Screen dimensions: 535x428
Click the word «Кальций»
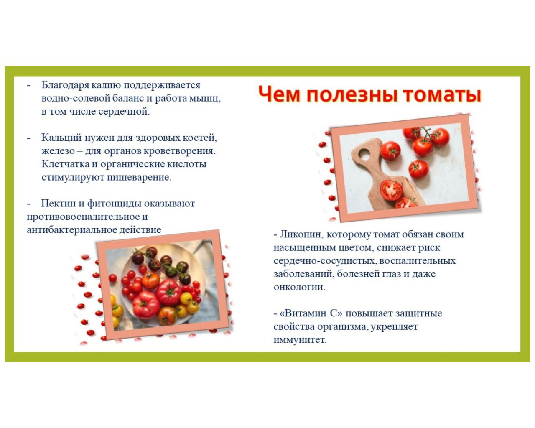tap(61, 138)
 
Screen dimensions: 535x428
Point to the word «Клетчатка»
tap(65, 164)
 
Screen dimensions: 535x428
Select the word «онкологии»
tap(299, 288)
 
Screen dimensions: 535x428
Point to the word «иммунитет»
tap(300, 340)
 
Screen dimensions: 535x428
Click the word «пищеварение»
tap(139, 178)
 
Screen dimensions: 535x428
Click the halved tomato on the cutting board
tap(391, 191)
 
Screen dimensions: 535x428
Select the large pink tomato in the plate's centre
tap(169, 292)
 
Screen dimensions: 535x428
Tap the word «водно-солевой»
tap(76, 99)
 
